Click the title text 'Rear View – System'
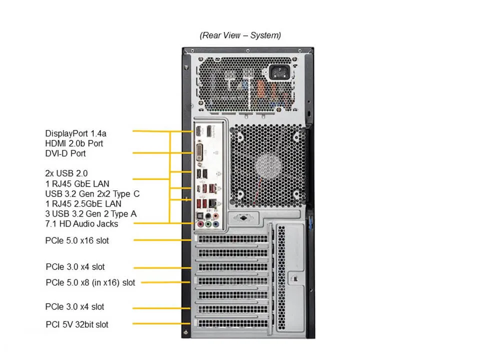(x=240, y=35)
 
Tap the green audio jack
(x=208, y=224)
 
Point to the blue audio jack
(x=216, y=224)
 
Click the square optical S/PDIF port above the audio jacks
(x=199, y=213)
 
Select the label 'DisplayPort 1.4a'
(x=75, y=133)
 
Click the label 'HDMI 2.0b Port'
(x=74, y=143)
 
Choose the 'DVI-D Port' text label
(x=65, y=153)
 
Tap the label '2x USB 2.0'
(x=66, y=173)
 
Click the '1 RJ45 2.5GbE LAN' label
(x=83, y=203)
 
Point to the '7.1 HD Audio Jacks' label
(x=81, y=223)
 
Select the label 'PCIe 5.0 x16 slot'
(x=77, y=240)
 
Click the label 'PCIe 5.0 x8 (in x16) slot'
(x=90, y=282)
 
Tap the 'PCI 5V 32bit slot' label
(x=76, y=324)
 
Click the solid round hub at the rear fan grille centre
(x=267, y=165)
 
